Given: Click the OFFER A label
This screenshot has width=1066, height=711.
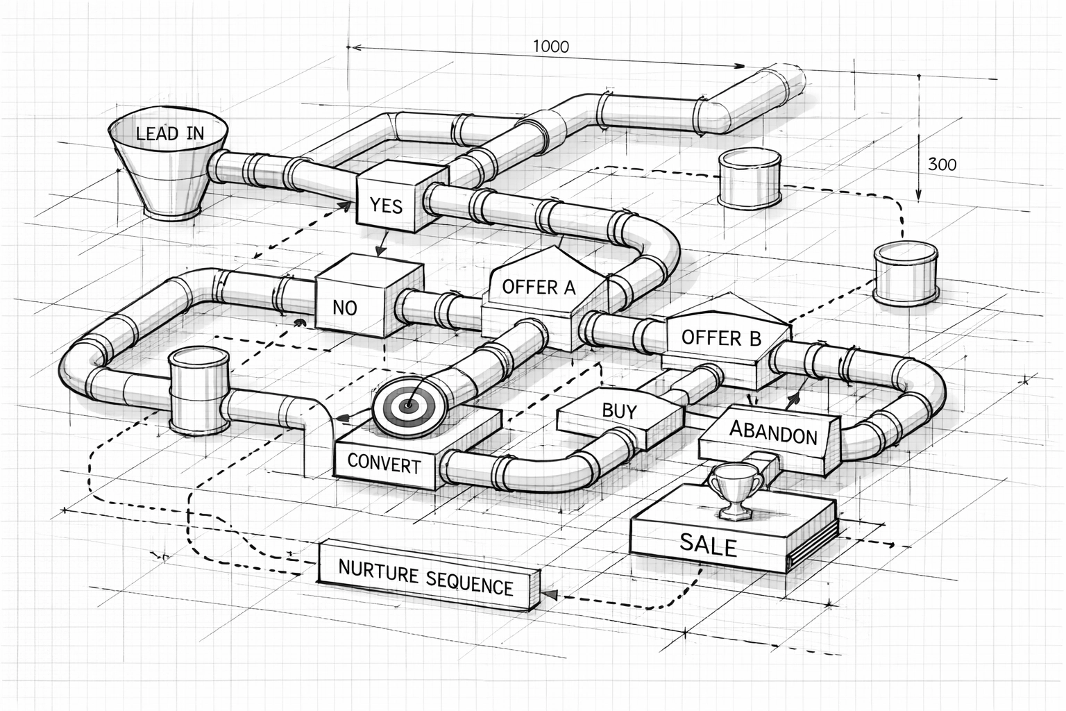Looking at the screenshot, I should click(539, 287).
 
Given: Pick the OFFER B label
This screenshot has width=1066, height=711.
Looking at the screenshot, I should click(721, 338).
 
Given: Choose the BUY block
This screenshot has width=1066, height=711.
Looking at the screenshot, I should click(618, 411).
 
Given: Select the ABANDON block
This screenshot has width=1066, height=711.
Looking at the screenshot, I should click(772, 434).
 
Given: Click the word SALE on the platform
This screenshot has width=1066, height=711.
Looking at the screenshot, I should click(708, 544).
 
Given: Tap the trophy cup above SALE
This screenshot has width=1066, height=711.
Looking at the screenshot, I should click(734, 490).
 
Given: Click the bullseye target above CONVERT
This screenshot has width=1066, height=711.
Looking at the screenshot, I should click(407, 405).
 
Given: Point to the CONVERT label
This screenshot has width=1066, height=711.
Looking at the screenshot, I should click(384, 464).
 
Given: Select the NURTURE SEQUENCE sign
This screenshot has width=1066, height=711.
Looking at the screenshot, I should click(425, 576).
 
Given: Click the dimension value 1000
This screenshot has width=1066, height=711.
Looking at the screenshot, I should click(550, 47).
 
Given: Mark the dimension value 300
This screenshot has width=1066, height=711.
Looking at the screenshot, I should click(942, 165).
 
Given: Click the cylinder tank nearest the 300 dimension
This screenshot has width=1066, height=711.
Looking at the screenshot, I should click(749, 179).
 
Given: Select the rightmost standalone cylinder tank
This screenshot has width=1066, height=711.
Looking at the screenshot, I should click(905, 273).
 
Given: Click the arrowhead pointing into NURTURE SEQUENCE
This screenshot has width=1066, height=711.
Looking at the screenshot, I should click(550, 595).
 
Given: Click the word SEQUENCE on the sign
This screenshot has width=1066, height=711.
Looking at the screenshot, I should click(469, 583).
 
